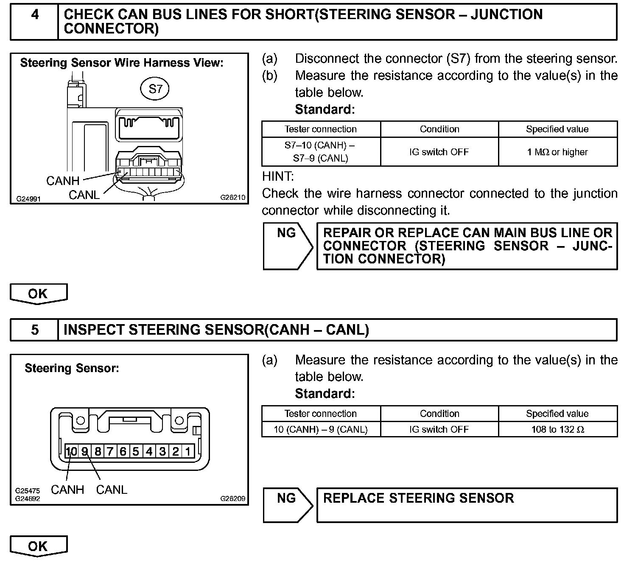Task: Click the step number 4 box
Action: coord(34,22)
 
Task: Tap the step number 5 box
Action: coord(34,330)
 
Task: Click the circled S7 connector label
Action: coord(155,89)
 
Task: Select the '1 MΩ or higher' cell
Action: coord(557,152)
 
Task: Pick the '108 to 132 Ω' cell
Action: coord(557,429)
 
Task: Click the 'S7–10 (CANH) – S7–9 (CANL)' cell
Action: coord(321,152)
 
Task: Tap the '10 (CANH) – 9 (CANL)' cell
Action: coord(321,429)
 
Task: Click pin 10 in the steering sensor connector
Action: coord(72,451)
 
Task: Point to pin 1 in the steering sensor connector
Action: coord(188,451)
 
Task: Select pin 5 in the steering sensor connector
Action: coord(136,451)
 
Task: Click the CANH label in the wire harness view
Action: coord(63,181)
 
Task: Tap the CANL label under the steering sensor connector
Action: coord(112,490)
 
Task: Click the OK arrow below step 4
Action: coord(38,294)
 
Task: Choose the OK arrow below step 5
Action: coord(38,546)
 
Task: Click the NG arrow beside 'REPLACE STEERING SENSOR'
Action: coord(287,504)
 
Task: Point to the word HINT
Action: coord(278,176)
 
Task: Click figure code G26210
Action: coord(232,198)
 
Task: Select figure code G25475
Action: coord(28,491)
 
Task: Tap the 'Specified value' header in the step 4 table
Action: coord(557,129)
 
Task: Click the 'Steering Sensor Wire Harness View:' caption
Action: coord(122,63)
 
